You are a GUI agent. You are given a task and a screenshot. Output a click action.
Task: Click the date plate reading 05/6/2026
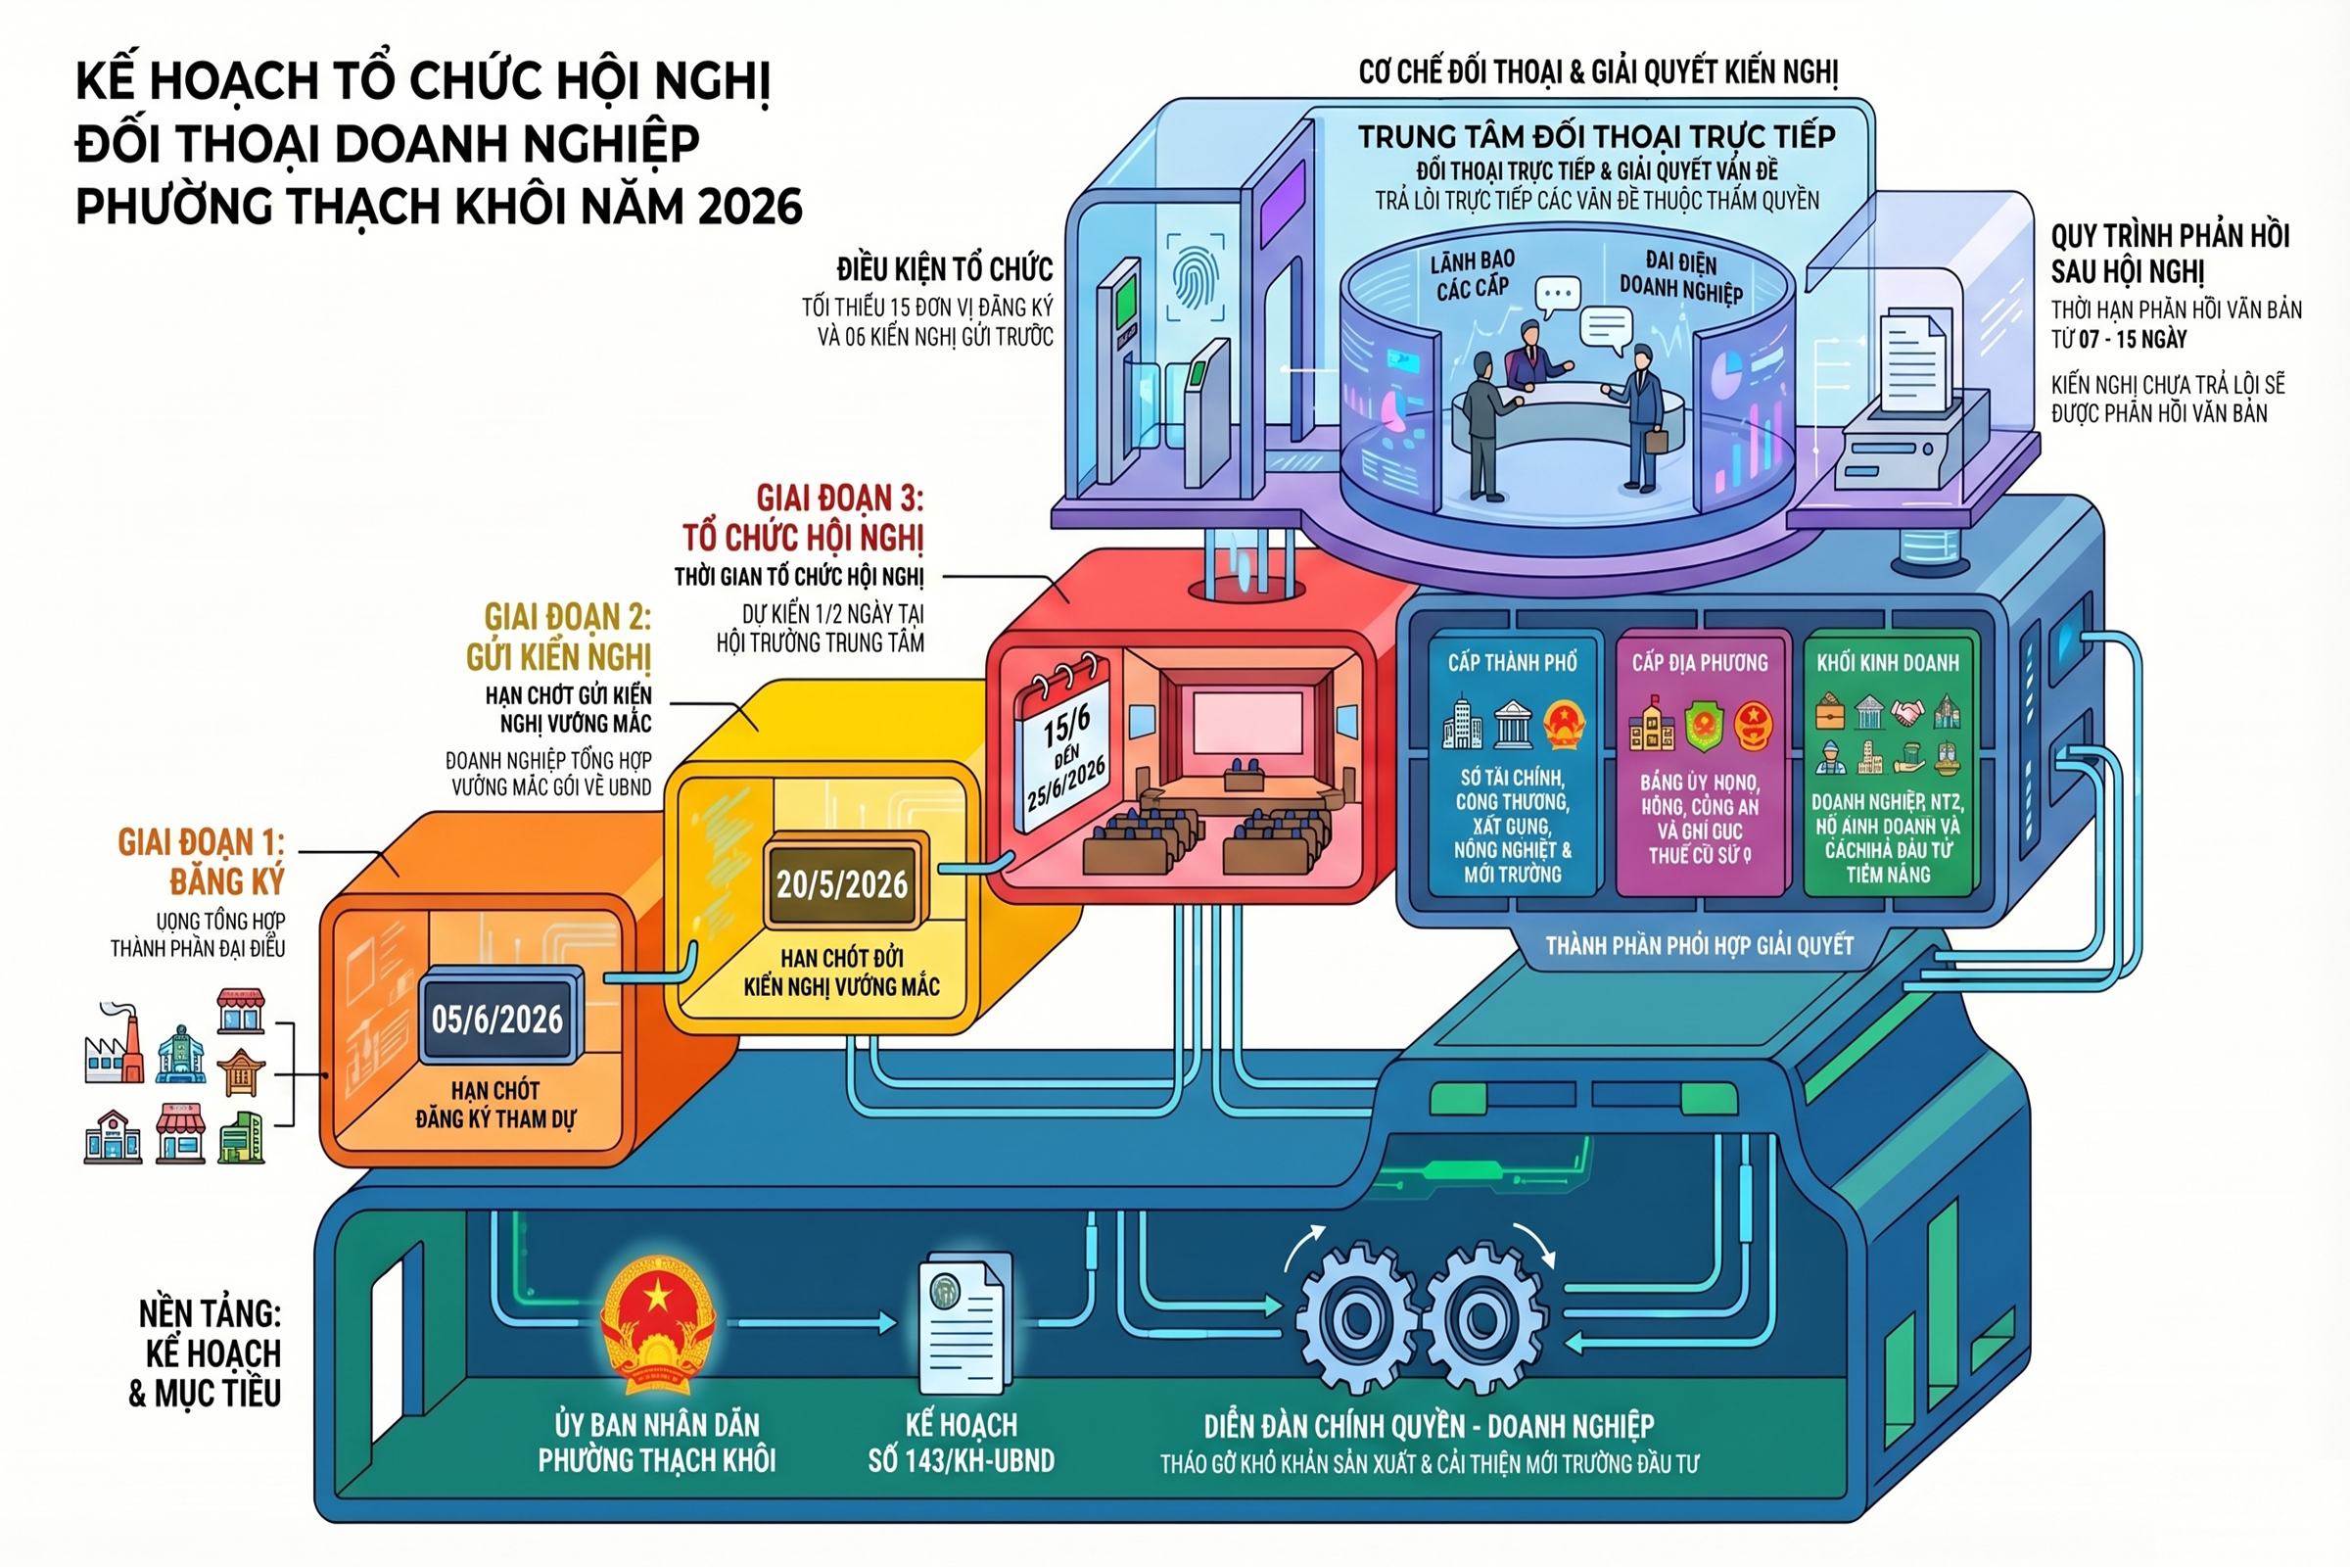pyautogui.click(x=497, y=1020)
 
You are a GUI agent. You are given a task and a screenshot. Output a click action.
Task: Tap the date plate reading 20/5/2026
pyautogui.click(x=842, y=884)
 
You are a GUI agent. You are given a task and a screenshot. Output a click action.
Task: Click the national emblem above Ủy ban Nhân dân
pyautogui.click(x=656, y=1325)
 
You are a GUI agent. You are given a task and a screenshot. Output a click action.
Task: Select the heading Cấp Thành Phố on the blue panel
pyautogui.click(x=1513, y=663)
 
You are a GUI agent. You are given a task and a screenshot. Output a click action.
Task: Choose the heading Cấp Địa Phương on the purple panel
pyautogui.click(x=1700, y=663)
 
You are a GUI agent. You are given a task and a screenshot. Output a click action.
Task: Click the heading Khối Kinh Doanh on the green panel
pyautogui.click(x=1888, y=663)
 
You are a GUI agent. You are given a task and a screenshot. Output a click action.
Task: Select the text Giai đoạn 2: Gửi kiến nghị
pyautogui.click(x=558, y=637)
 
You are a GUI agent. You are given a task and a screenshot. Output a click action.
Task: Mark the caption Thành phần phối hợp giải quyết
pyautogui.click(x=1700, y=945)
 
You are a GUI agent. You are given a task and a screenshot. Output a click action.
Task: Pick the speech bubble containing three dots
pyautogui.click(x=1558, y=295)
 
